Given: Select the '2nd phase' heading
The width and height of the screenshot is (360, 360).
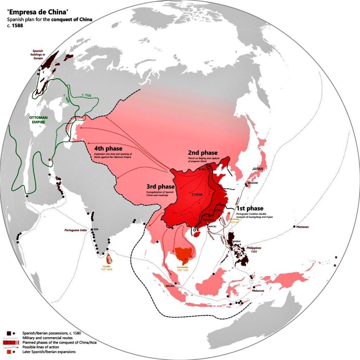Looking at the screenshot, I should pyautogui.click(x=203, y=153).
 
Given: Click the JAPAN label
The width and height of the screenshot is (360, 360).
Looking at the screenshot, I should pyautogui.click(x=257, y=169).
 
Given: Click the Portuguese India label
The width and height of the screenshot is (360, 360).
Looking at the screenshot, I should pyautogui.click(x=76, y=230).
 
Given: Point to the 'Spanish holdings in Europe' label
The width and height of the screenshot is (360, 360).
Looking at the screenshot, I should pyautogui.click(x=38, y=54).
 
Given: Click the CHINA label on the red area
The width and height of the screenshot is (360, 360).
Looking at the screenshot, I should pyautogui.click(x=197, y=194).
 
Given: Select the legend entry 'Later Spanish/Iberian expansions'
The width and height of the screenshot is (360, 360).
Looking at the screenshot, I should pyautogui.click(x=49, y=352).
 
